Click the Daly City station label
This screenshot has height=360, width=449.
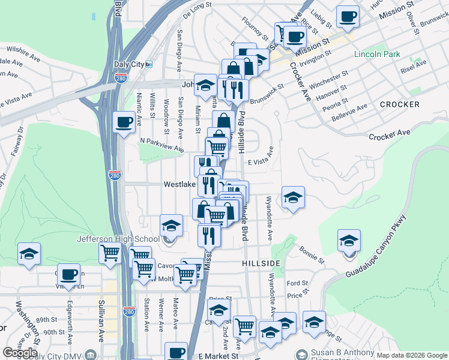(x=129, y=64)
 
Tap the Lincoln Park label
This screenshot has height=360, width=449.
(x=377, y=54)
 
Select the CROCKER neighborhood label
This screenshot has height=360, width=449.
(x=399, y=104)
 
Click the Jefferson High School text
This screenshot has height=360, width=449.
(x=118, y=239)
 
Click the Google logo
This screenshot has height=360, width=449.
(x=20, y=352)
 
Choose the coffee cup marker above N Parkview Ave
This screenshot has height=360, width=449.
(x=124, y=122)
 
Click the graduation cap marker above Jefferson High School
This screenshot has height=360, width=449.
(x=171, y=226)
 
